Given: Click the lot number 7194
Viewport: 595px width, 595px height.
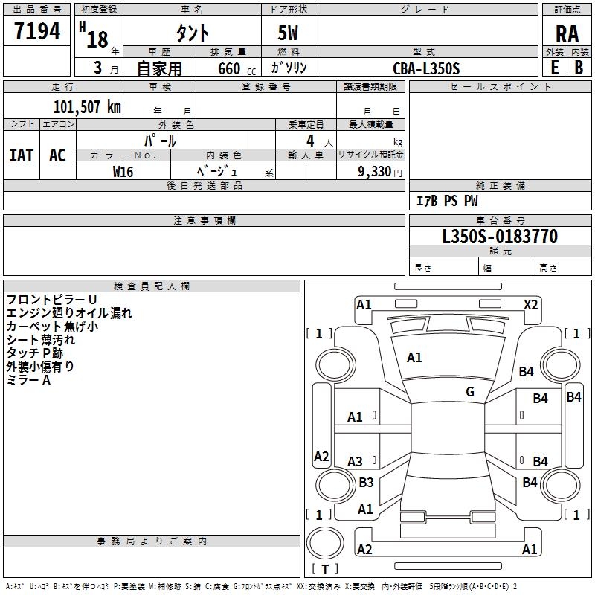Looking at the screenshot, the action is tap(37, 31).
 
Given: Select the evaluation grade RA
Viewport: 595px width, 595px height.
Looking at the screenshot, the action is tap(567, 34).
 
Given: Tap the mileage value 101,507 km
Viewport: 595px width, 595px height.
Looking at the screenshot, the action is tap(87, 107).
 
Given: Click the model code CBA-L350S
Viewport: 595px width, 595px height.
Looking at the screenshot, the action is tap(426, 68).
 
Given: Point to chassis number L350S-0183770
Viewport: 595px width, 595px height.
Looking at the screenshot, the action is tap(500, 237).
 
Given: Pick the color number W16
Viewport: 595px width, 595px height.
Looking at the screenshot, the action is tap(123, 172).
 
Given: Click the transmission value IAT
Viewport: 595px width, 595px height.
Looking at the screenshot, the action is tap(22, 155).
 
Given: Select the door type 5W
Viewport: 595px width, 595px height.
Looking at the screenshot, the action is tap(288, 33).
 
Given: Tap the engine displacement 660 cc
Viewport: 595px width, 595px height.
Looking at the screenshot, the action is tap(237, 69).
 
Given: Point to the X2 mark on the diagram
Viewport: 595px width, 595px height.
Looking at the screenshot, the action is tap(530, 305).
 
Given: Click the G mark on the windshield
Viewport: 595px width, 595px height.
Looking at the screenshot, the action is tap(470, 391).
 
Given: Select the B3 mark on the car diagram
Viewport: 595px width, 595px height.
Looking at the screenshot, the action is tap(366, 482).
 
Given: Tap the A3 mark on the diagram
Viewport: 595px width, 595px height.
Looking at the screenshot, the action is tap(355, 461).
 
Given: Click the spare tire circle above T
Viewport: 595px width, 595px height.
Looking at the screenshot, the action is tap(325, 543).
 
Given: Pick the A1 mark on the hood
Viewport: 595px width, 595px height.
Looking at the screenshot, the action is tap(414, 358).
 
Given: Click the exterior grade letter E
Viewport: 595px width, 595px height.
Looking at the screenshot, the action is tap(555, 68).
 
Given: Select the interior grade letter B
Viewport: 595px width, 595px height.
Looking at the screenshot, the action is tap(579, 68).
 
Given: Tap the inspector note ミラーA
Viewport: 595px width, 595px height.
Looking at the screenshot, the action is tap(28, 380).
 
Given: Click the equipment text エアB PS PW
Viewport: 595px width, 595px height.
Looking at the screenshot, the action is tap(447, 201).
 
